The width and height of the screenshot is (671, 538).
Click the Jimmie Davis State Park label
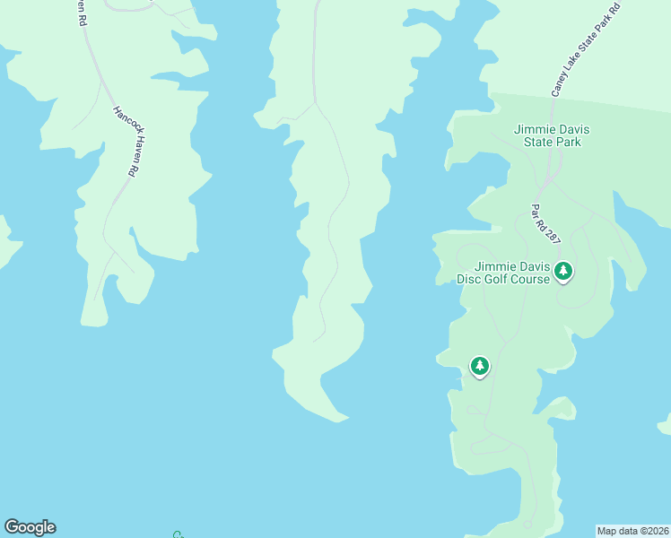point(547,135)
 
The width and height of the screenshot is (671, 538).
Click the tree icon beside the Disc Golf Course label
point(563,270)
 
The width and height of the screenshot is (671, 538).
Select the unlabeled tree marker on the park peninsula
point(480,366)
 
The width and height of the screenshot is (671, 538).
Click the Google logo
point(30,527)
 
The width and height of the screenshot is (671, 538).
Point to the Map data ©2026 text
point(633,531)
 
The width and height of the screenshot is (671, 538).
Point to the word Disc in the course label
point(469,279)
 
